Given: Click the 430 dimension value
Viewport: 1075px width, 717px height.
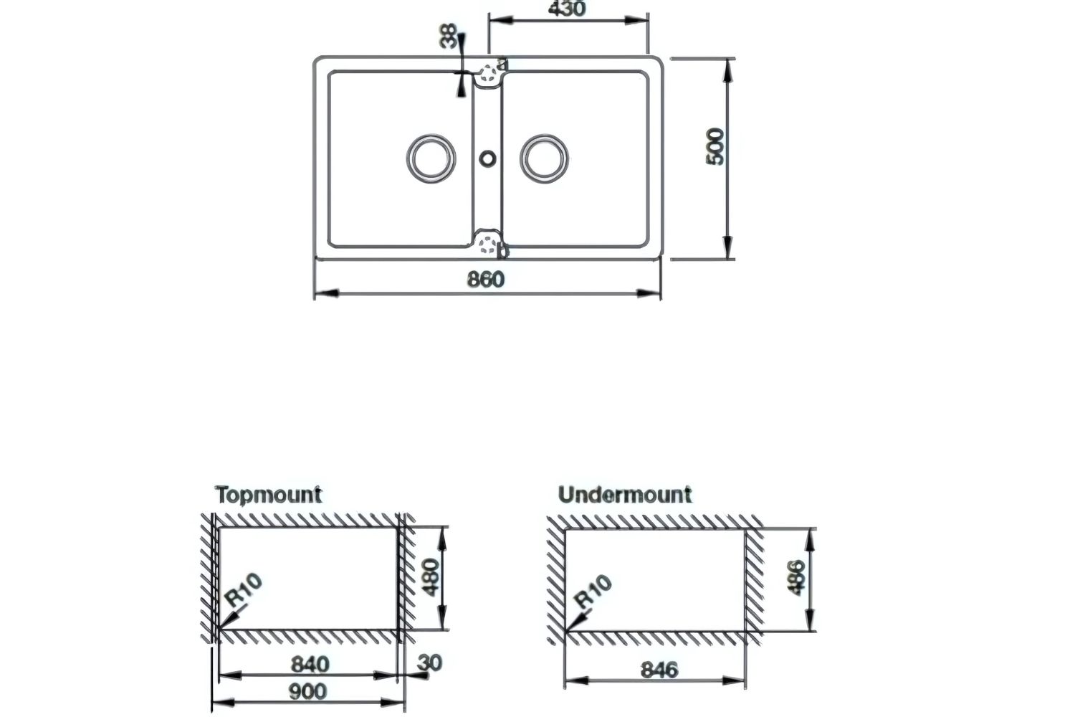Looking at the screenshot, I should pyautogui.click(x=566, y=9).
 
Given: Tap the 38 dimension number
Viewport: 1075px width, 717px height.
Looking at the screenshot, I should pyautogui.click(x=449, y=37).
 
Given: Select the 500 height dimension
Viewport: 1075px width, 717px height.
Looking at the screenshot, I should pyautogui.click(x=716, y=147).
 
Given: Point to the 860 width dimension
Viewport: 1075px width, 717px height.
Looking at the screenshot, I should pyautogui.click(x=485, y=279).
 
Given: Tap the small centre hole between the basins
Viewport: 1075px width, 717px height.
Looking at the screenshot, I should pyautogui.click(x=488, y=157).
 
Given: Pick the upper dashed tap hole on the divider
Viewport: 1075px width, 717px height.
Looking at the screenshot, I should pyautogui.click(x=489, y=72).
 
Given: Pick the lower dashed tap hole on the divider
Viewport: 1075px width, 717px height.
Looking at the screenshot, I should pyautogui.click(x=488, y=244).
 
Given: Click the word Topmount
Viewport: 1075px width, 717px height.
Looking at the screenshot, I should pyautogui.click(x=269, y=495).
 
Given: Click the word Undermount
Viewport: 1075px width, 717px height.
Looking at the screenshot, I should pyautogui.click(x=624, y=495).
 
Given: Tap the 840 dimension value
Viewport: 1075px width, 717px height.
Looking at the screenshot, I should pyautogui.click(x=310, y=665).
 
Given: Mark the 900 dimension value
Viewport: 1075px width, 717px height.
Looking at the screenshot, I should pyautogui.click(x=307, y=692).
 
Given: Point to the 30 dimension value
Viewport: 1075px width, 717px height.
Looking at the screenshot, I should pyautogui.click(x=432, y=663).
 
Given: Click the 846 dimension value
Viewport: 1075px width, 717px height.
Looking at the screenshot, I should pyautogui.click(x=658, y=670).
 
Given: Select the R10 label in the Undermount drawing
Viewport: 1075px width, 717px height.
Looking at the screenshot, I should pyautogui.click(x=594, y=592).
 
